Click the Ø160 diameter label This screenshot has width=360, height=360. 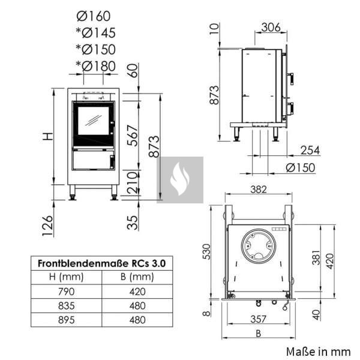(x=94, y=16)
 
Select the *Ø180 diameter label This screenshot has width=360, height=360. (x=96, y=66)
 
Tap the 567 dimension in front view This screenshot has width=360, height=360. (x=133, y=136)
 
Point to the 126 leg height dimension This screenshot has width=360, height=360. (x=48, y=226)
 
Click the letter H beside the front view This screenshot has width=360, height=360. (x=48, y=136)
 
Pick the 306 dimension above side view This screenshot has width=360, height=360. (x=271, y=28)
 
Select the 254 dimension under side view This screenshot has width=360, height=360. (x=310, y=151)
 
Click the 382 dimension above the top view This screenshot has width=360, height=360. (x=259, y=190)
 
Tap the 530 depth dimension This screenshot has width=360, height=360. (x=206, y=251)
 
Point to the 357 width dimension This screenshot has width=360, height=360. (x=258, y=319)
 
